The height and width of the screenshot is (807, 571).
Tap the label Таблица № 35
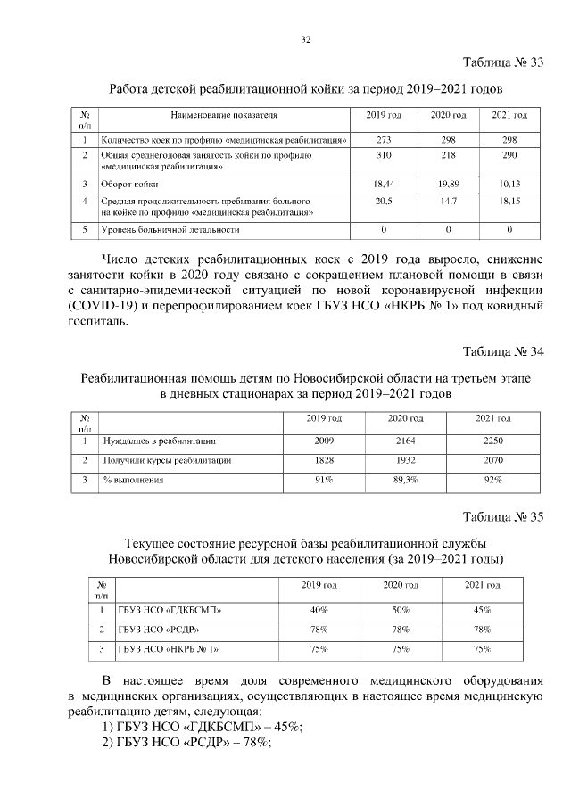[x=503, y=516]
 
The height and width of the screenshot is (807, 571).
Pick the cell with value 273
[x=385, y=140]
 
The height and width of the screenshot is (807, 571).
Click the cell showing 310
[x=385, y=156]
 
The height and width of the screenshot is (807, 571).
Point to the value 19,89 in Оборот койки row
[x=448, y=184]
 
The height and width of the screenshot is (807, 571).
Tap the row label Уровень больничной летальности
[x=170, y=230]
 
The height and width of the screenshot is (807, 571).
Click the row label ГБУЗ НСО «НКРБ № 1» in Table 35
[x=169, y=649]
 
